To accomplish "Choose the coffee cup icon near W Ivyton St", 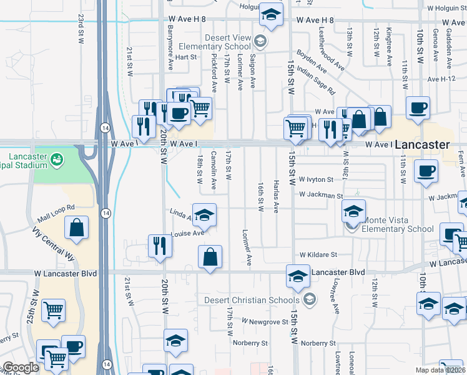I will (426, 171).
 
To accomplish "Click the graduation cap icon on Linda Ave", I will (204, 216).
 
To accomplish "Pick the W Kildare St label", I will (318, 255).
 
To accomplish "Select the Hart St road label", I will (185, 57).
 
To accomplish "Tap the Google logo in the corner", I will (21, 367).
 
